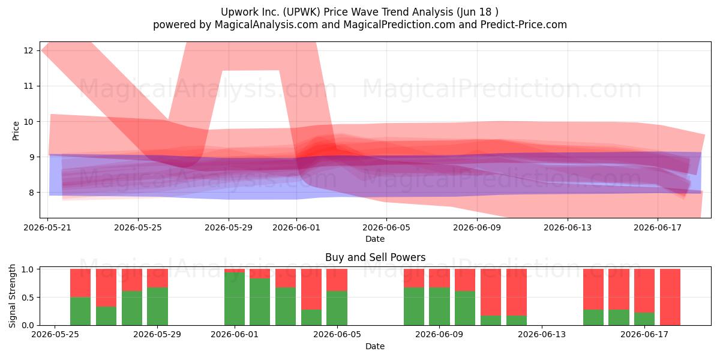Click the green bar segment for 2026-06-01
pyautogui.click(x=235, y=299)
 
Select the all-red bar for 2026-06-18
pyautogui.click(x=670, y=297)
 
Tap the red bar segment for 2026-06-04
pyautogui.click(x=311, y=289)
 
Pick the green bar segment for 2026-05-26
pyautogui.click(x=80, y=311)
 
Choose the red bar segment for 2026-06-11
pyautogui.click(x=491, y=292)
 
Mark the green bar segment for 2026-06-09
pyautogui.click(x=439, y=307)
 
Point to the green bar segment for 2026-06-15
pyautogui.click(x=593, y=317)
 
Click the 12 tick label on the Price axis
pyautogui.click(x=28, y=50)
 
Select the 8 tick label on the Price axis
pyautogui.click(x=31, y=193)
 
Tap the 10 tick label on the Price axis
pyautogui.click(x=28, y=121)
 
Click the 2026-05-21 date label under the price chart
pyautogui.click(x=47, y=227)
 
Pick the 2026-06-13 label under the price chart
pyautogui.click(x=568, y=227)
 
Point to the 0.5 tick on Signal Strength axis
pyautogui.click(x=28, y=298)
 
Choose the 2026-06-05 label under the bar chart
pyautogui.click(x=337, y=335)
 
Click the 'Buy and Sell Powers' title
pyautogui.click(x=375, y=257)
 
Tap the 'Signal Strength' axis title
pyautogui.click(x=12, y=296)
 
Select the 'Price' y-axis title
pyautogui.click(x=16, y=131)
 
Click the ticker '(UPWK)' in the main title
pyautogui.click(x=301, y=12)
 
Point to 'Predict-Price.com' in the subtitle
pyautogui.click(x=524, y=25)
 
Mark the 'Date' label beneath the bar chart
pyautogui.click(x=375, y=346)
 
